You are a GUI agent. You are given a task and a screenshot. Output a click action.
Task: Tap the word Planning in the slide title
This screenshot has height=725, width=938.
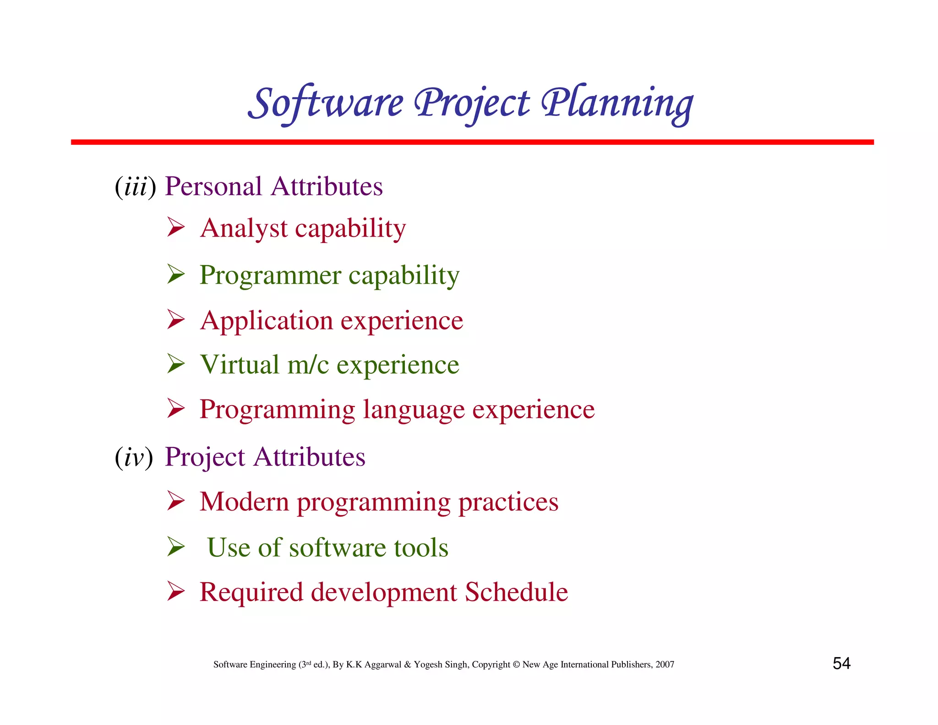[x=617, y=104]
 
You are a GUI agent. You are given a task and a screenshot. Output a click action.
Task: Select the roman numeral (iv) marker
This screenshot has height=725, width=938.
[x=134, y=457]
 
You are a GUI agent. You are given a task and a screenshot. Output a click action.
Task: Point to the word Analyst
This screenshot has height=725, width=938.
[x=244, y=229]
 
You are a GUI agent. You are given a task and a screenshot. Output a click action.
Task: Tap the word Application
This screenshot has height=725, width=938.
[x=267, y=320]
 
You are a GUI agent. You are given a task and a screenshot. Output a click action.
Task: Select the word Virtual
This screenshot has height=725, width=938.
[x=240, y=365]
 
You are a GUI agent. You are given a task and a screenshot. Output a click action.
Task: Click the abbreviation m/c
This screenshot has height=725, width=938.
[x=308, y=365]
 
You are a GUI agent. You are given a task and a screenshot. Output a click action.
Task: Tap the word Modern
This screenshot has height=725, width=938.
[x=244, y=502]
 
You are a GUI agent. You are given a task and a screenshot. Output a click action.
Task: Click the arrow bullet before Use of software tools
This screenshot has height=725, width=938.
[x=176, y=546]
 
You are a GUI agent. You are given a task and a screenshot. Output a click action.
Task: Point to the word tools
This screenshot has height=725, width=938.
[x=421, y=548]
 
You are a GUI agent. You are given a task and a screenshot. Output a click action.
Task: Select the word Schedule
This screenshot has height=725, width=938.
[x=516, y=592]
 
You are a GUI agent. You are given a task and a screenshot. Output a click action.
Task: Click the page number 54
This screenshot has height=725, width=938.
[x=841, y=664]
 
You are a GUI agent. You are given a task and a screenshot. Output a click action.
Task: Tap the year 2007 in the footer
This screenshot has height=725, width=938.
[x=665, y=665]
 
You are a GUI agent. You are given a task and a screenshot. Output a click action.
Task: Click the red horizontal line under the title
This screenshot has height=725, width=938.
[x=472, y=143]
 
